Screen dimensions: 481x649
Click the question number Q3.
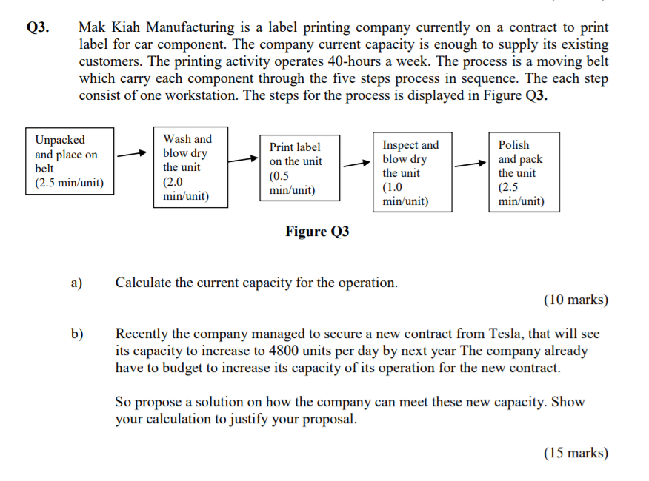[x=38, y=28]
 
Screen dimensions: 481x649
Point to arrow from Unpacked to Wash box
[x=132, y=155]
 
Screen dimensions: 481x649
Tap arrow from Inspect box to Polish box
[x=470, y=164]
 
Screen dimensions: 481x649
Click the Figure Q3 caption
[x=316, y=232]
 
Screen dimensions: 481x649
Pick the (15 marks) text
[x=576, y=453]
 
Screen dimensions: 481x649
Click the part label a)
[x=77, y=283]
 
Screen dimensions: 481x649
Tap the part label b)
[x=77, y=334]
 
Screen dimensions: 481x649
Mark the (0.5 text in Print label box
[x=280, y=176]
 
